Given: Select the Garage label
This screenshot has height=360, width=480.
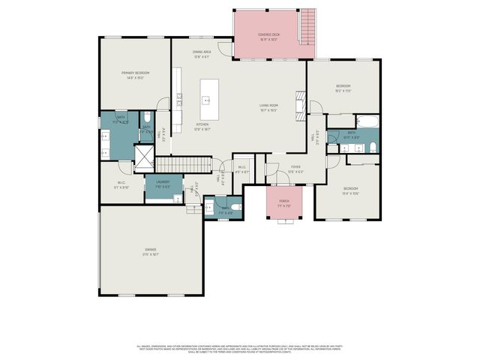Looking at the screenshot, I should (x=151, y=251).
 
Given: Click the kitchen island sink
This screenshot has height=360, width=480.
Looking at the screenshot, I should (x=205, y=99).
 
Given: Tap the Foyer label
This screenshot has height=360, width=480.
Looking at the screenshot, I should (x=296, y=168).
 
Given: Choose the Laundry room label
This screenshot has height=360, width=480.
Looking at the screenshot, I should (x=163, y=182).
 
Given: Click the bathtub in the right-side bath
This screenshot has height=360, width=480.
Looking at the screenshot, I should (x=367, y=121).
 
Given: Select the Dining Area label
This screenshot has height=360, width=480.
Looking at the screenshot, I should (x=201, y=53).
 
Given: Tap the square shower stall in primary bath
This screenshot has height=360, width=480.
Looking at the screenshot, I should (x=143, y=154).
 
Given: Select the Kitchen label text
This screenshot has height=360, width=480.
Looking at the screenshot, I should (x=202, y=125).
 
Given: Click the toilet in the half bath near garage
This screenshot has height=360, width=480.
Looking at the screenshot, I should (x=235, y=206).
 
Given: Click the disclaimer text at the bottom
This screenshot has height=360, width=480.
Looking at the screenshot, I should (x=239, y=349).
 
